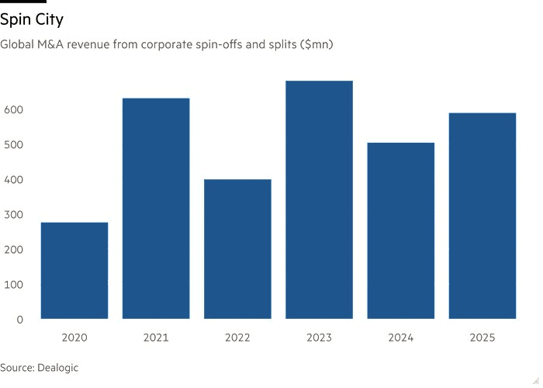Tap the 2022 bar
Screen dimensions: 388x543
click(237, 248)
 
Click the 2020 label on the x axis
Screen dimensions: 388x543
click(74, 338)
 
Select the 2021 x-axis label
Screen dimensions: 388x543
click(156, 338)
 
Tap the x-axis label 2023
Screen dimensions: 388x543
click(319, 338)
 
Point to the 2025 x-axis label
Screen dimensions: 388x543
click(482, 338)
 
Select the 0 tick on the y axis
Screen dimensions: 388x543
click(20, 320)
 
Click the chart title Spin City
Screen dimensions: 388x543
click(32, 19)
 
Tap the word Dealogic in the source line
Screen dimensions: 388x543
click(57, 367)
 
